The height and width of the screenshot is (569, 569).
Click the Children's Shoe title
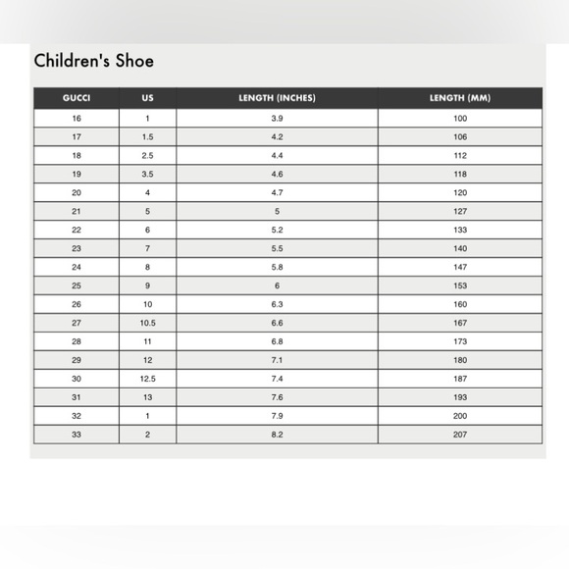coord(94,61)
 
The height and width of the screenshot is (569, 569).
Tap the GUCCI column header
coord(77,99)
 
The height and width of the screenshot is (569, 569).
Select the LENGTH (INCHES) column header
coord(277,99)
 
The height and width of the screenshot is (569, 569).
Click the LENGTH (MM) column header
coord(460,99)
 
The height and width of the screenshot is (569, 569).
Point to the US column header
coord(147,99)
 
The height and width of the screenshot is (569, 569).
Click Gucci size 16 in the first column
coord(77,119)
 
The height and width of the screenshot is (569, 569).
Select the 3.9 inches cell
coord(277,119)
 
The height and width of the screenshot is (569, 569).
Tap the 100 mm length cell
coord(460,119)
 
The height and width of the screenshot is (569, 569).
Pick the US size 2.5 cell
coord(147,156)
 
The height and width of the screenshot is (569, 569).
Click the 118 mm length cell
coord(460,175)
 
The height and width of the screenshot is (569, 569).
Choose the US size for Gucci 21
coord(147,211)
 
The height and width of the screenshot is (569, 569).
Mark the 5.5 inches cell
coord(277,248)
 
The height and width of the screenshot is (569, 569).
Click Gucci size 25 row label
coord(77,285)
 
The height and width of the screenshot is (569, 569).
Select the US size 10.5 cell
coord(147,323)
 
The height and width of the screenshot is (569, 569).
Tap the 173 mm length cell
coord(460,341)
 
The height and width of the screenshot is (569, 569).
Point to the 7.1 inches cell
coord(277,360)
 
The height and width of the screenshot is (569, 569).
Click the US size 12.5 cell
coord(147,379)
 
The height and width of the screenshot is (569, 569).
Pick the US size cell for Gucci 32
coord(147,415)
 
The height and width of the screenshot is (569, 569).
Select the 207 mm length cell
coord(460,434)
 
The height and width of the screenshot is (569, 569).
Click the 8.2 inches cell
coord(277,434)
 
